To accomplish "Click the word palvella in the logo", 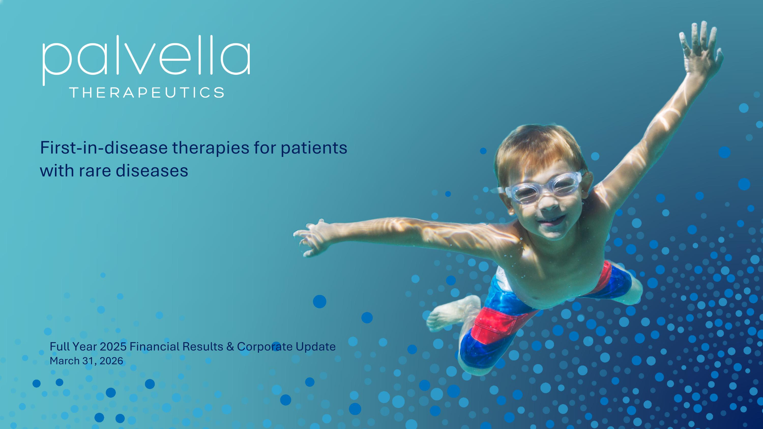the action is (146, 60).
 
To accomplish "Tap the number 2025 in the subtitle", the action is (113, 346).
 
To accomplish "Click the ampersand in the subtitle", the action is (230, 347).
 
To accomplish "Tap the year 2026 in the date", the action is (111, 361).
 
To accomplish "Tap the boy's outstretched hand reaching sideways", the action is (311, 237).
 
